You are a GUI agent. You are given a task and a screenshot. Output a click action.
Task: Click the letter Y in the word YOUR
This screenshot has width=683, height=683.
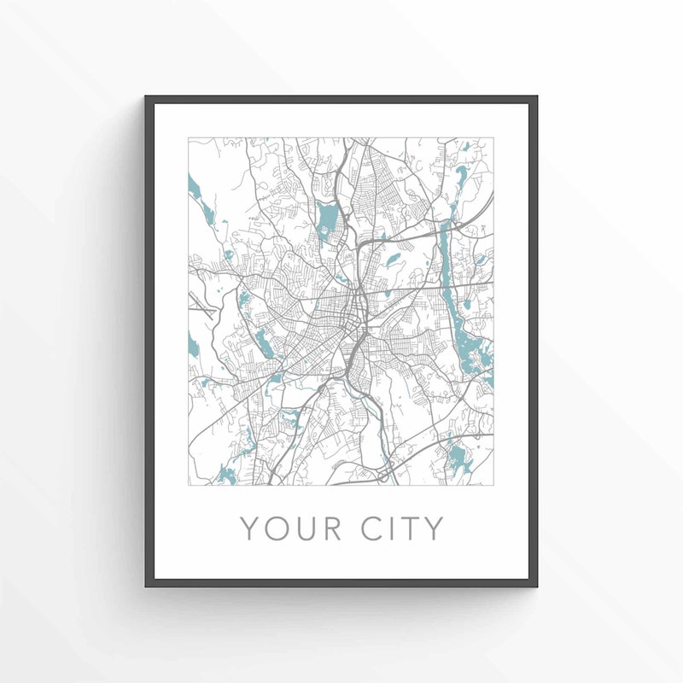(x=249, y=528)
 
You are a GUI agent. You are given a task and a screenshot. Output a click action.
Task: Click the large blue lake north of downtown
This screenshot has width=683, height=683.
(x=327, y=220)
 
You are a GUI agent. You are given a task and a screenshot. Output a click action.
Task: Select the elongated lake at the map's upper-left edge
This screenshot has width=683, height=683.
(x=194, y=186)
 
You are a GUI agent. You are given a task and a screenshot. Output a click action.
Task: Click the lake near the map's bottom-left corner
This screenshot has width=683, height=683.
(x=226, y=473)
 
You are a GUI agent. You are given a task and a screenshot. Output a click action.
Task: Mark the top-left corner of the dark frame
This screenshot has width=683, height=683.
(x=147, y=97)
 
